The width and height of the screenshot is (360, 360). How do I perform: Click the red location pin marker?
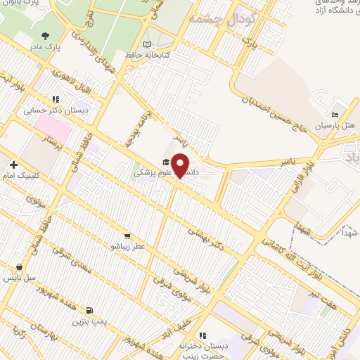[x=181, y=165]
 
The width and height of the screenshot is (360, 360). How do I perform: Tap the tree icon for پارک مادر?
[x=46, y=36]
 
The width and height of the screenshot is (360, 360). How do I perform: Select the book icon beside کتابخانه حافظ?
[x=147, y=44]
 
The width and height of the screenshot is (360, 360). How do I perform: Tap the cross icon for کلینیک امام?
[x=13, y=164]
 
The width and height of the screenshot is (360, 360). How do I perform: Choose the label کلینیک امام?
[x=22, y=176]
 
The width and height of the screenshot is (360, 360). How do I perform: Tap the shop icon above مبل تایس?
[x=20, y=267]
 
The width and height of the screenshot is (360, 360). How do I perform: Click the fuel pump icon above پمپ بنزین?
[x=89, y=310]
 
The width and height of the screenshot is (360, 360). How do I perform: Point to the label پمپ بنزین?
[x=89, y=321]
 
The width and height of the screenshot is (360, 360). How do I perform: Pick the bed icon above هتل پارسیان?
[x=335, y=115]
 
